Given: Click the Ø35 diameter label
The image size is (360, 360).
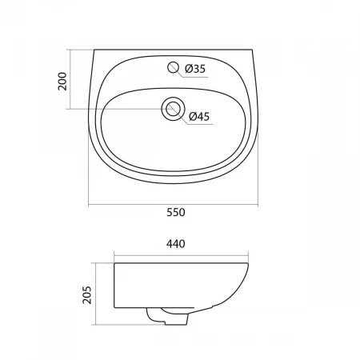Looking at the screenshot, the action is [195, 69].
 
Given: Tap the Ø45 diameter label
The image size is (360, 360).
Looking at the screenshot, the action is [199, 117].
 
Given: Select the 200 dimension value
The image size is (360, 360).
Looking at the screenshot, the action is [62, 81].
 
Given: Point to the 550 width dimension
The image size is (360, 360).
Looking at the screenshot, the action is [176, 212].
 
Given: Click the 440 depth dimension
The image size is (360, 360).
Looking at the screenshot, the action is [176, 244].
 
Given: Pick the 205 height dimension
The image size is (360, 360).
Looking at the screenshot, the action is [87, 294].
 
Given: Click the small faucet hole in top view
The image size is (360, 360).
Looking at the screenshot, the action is [173, 67].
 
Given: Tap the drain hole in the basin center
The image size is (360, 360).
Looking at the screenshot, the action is [173, 109].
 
